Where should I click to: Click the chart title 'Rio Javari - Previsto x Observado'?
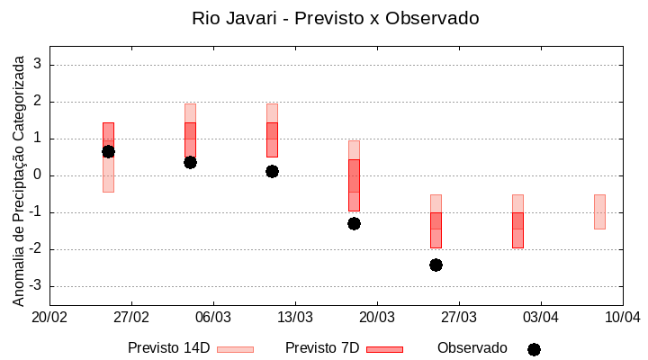335,18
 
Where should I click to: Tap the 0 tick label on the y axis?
38,175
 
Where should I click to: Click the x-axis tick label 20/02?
49,318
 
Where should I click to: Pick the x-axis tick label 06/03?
213,318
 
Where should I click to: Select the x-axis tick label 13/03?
295,318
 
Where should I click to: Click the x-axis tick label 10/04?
622,318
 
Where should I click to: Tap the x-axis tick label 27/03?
459,318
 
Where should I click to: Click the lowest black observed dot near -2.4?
436,265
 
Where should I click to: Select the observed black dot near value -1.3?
354,223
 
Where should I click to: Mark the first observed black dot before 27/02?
108,151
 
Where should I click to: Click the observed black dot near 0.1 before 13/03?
272,171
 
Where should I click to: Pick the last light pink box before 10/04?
599,211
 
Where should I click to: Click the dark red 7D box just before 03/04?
517,229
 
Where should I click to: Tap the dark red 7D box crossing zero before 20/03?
354,184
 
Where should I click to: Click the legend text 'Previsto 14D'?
168,348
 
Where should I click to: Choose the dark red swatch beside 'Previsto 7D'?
384,349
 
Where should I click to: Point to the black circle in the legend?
534,349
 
